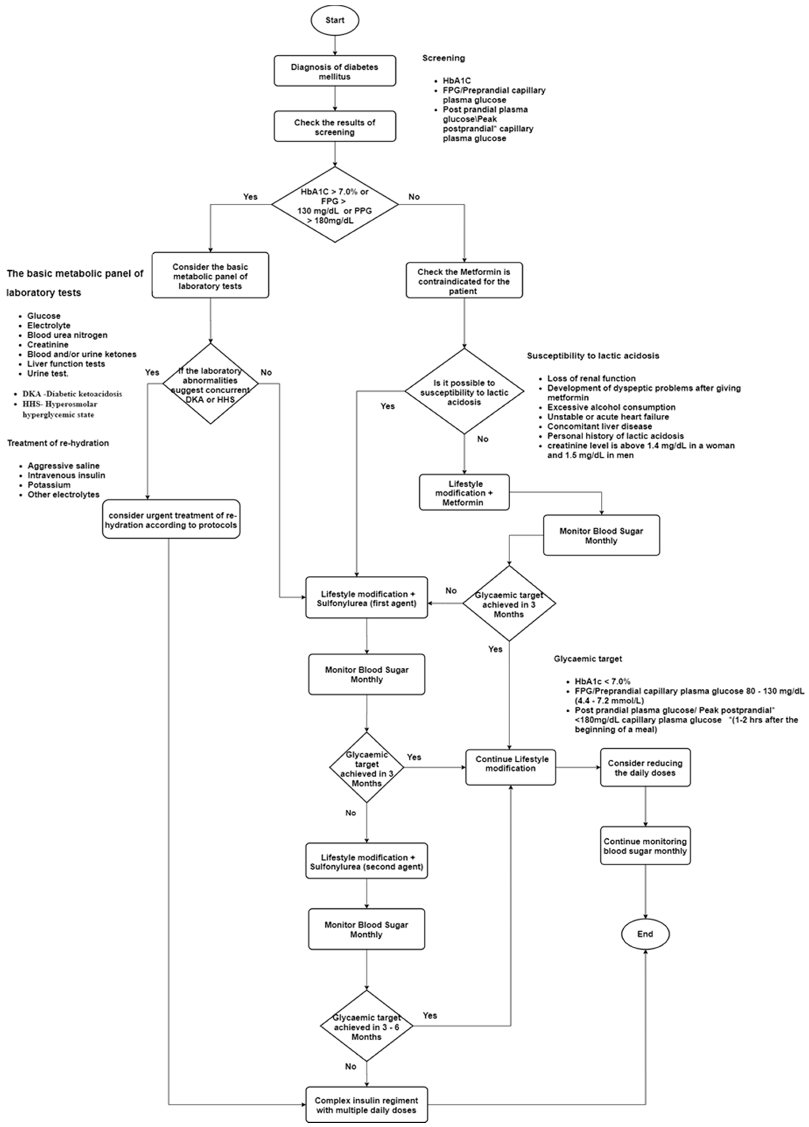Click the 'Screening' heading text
(x=444, y=58)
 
